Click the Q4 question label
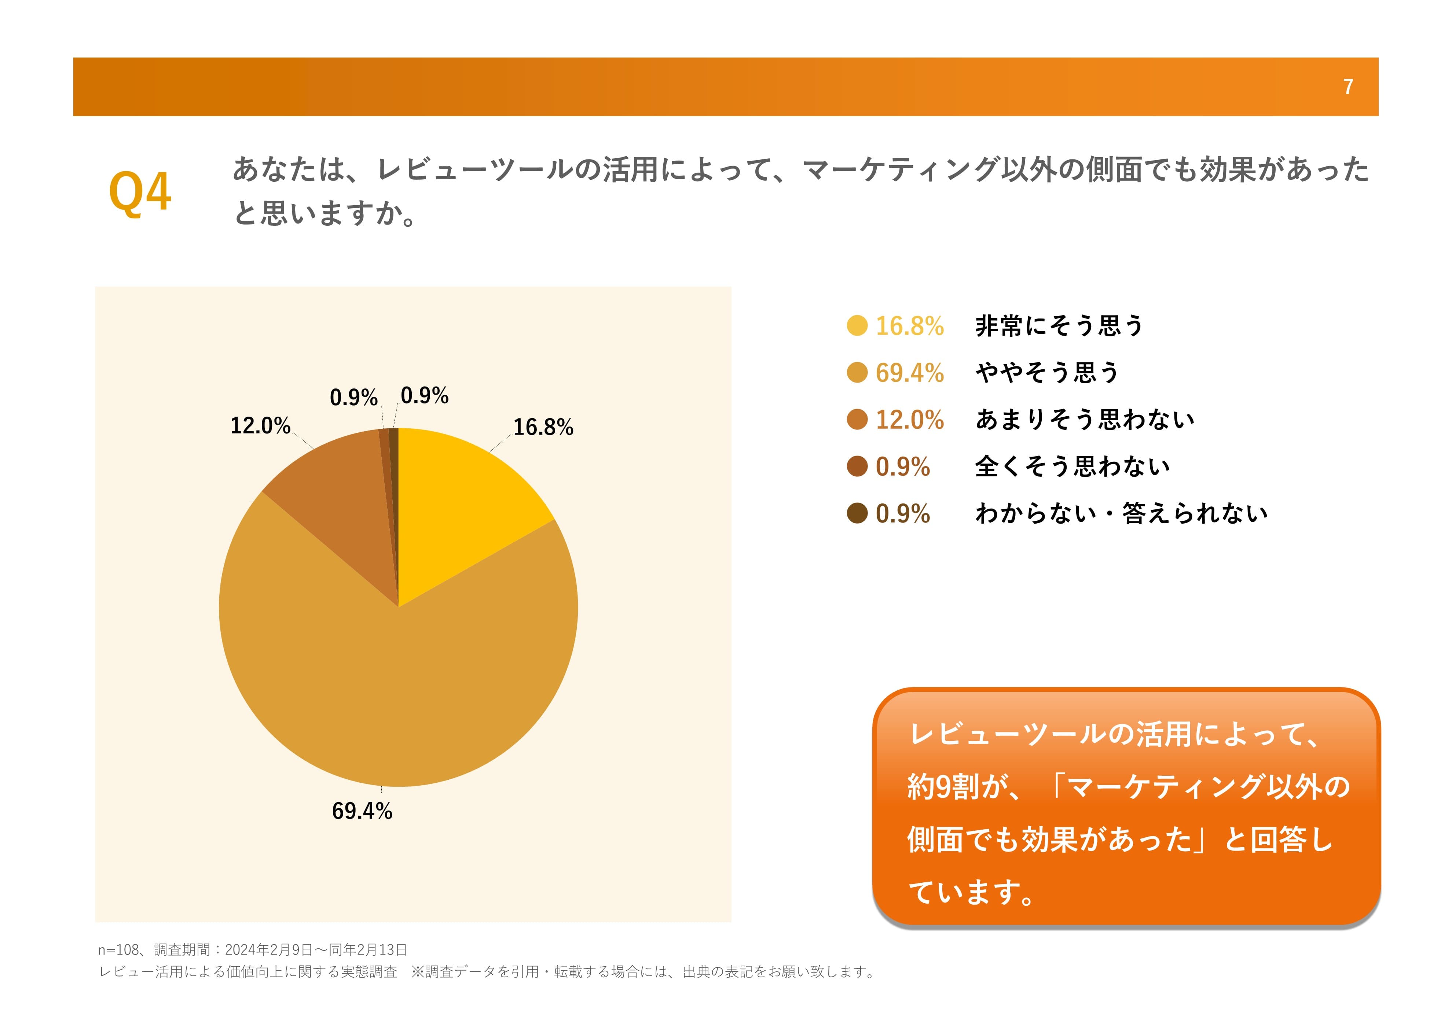click(x=140, y=192)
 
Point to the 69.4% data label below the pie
click(x=362, y=811)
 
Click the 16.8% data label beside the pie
click(x=543, y=427)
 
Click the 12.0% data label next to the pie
click(x=260, y=425)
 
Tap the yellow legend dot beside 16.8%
click(x=857, y=325)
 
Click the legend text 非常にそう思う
click(x=1059, y=325)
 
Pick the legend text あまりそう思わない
click(x=1085, y=419)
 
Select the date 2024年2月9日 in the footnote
click(x=268, y=949)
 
